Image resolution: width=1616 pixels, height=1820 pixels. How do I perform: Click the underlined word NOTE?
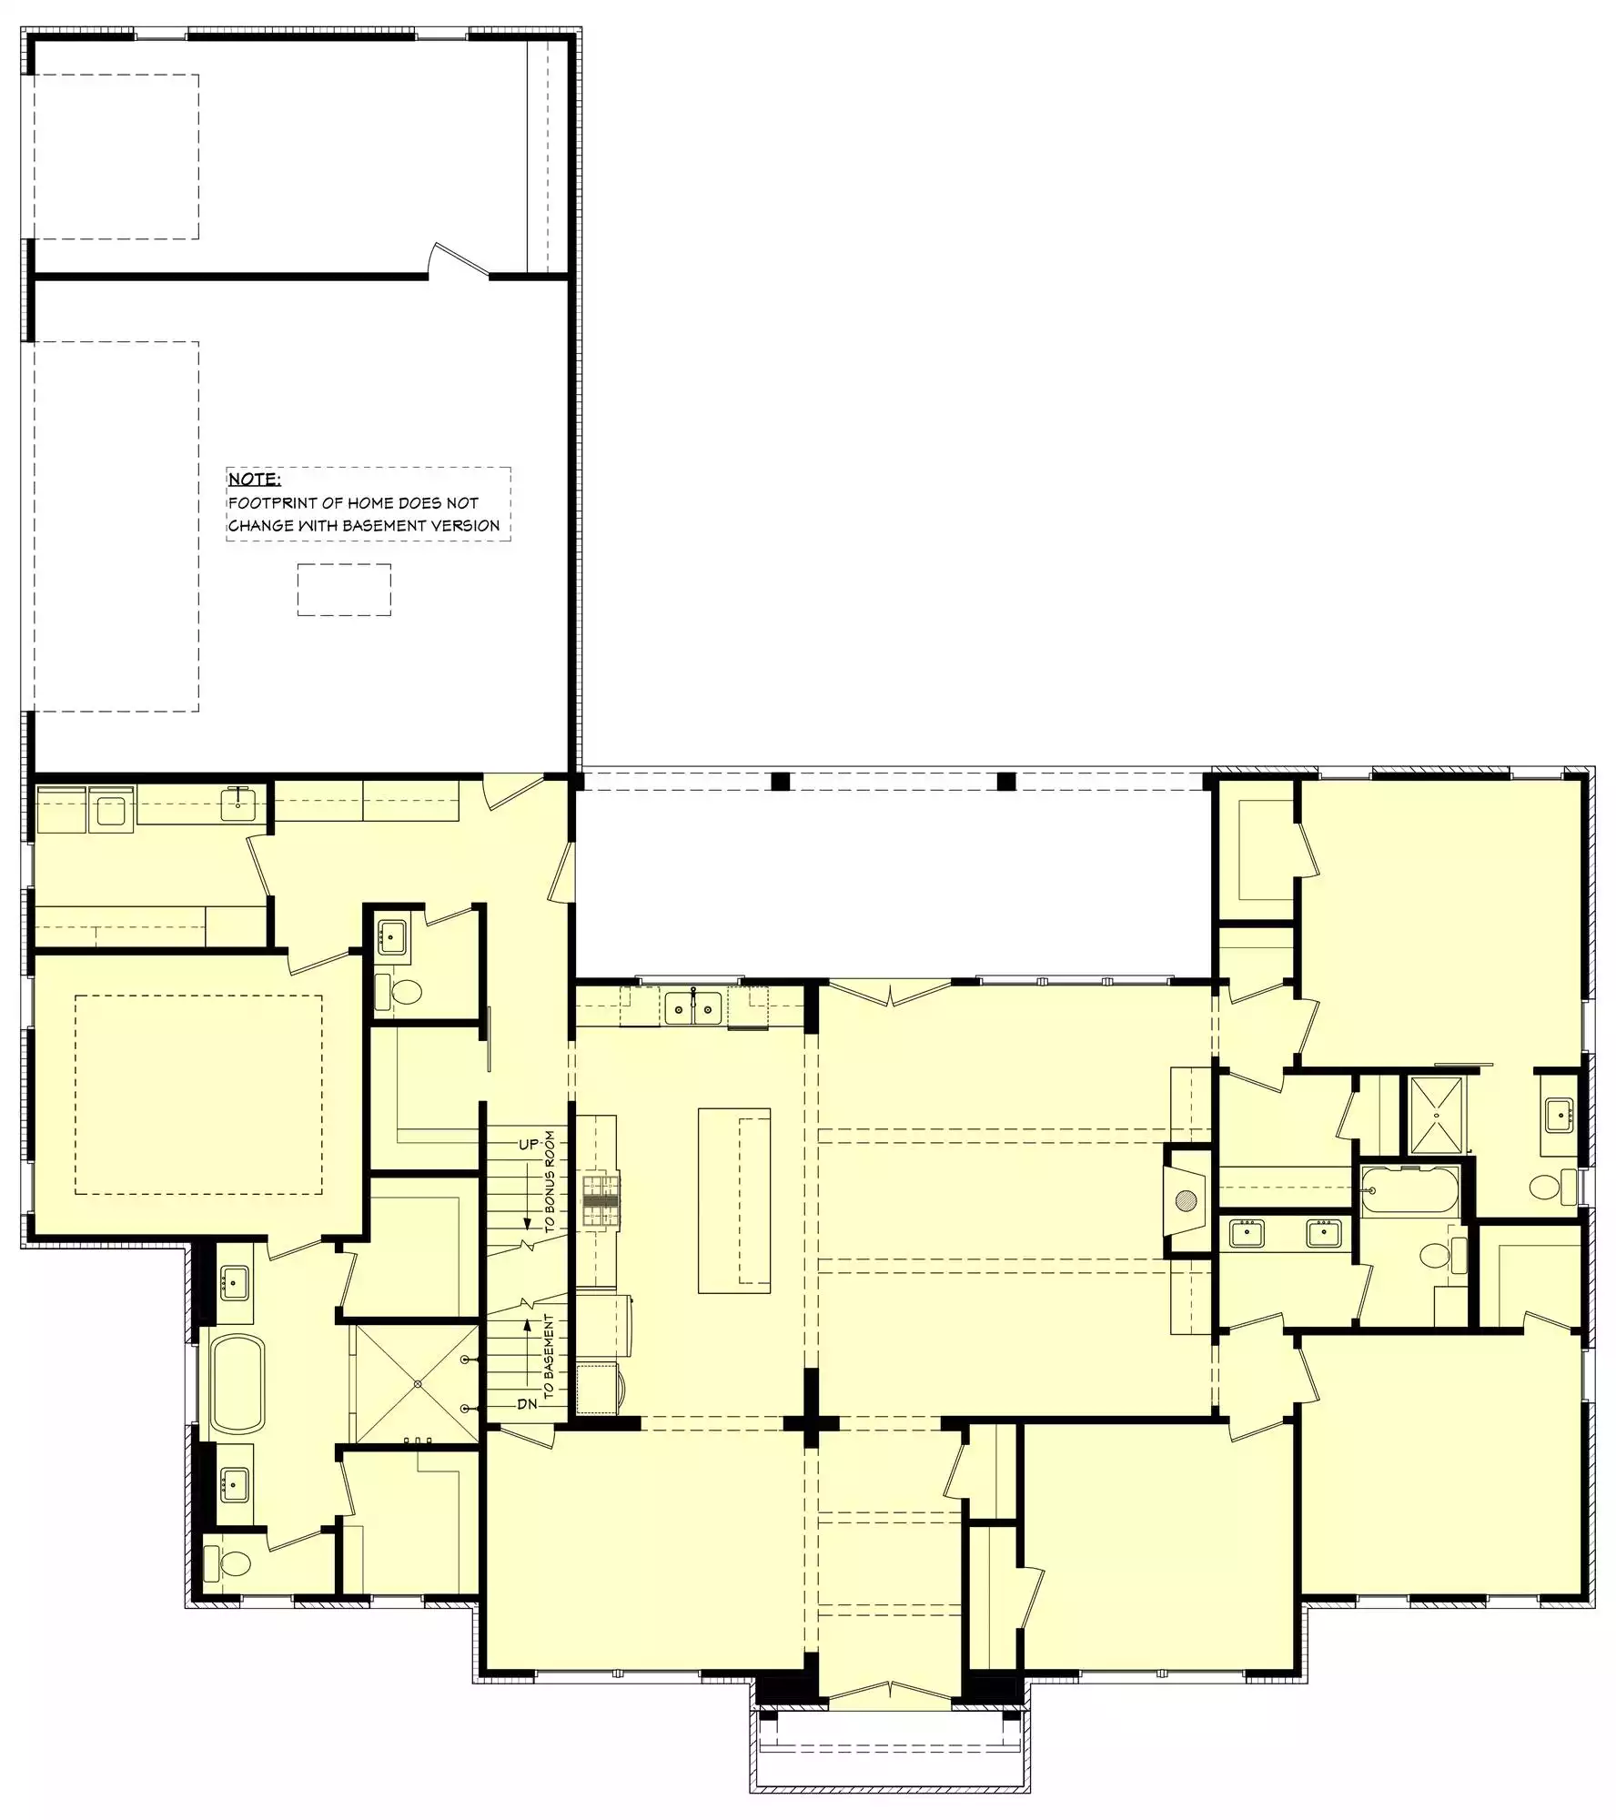[x=254, y=479]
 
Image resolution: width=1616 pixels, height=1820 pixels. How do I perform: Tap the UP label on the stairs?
[x=529, y=1144]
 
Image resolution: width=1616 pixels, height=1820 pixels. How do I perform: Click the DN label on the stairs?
[x=528, y=1404]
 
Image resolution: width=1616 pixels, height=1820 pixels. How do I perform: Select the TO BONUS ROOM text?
[x=550, y=1182]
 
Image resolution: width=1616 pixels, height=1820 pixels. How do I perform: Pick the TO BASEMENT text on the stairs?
[x=549, y=1357]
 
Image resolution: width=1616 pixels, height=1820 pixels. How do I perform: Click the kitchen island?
[x=734, y=1200]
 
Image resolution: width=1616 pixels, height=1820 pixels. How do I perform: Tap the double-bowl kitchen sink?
[x=693, y=1008]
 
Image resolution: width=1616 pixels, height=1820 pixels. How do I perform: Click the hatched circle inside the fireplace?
[x=1186, y=1201]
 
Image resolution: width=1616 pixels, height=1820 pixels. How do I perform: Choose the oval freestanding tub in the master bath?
[x=237, y=1384]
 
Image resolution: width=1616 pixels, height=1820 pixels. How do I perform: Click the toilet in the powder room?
[x=401, y=991]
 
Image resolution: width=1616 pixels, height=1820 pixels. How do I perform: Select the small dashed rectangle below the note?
[x=344, y=590]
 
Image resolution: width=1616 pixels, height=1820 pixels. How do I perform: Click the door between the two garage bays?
[x=460, y=260]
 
